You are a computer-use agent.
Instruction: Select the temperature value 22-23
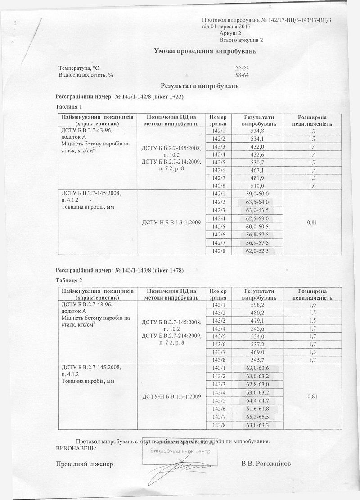click(242, 68)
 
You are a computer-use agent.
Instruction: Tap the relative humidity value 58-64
click(242, 75)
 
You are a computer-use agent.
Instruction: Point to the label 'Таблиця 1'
click(69, 107)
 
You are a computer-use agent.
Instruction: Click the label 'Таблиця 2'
click(69, 281)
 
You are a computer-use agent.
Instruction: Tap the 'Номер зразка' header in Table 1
click(218, 120)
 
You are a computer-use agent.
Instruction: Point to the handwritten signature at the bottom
click(180, 468)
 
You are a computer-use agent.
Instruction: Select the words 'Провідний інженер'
click(85, 464)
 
